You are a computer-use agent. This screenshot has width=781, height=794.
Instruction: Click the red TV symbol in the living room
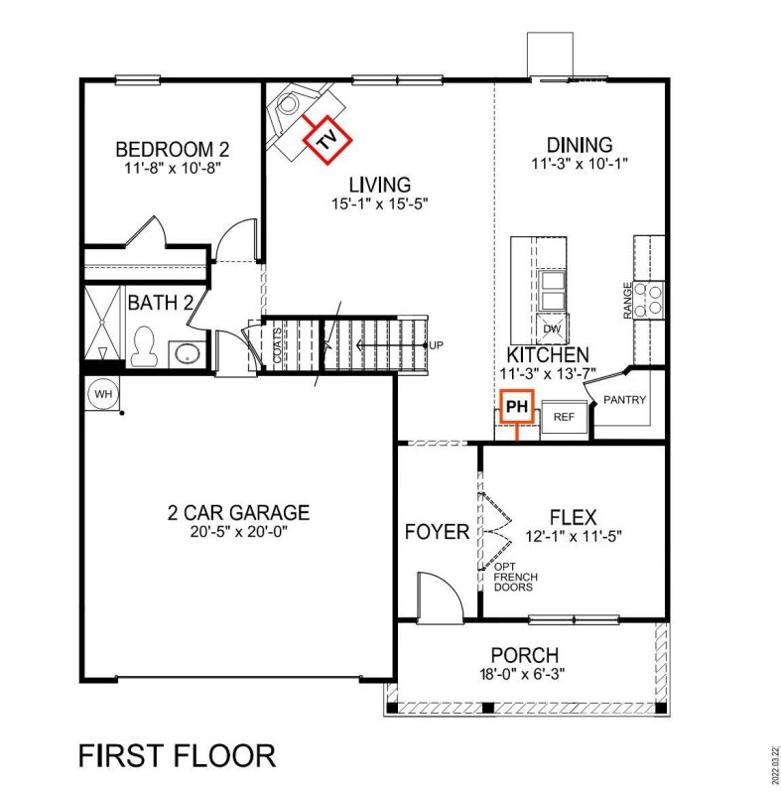click(x=325, y=140)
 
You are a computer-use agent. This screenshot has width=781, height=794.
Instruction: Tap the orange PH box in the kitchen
click(x=515, y=406)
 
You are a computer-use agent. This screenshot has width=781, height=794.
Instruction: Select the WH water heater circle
click(x=102, y=393)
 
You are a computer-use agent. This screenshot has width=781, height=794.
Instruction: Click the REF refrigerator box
click(x=564, y=417)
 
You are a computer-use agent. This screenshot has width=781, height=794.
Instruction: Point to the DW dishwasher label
click(x=552, y=329)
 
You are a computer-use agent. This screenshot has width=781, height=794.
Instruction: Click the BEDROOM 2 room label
click(x=173, y=150)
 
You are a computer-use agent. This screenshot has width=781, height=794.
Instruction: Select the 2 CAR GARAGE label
click(x=238, y=512)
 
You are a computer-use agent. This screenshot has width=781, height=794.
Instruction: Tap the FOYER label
click(x=437, y=532)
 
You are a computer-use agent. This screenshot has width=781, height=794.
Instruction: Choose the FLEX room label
click(x=573, y=517)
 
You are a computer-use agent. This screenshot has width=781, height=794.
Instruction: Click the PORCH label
click(x=524, y=655)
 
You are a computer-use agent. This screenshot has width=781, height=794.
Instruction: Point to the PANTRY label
click(x=625, y=401)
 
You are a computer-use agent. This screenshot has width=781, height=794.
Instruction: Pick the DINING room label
click(x=580, y=145)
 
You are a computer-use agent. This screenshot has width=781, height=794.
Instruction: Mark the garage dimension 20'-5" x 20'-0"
click(x=238, y=532)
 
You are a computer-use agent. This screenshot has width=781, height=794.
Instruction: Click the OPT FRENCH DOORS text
click(x=512, y=577)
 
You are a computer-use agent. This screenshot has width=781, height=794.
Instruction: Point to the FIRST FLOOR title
click(x=177, y=755)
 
